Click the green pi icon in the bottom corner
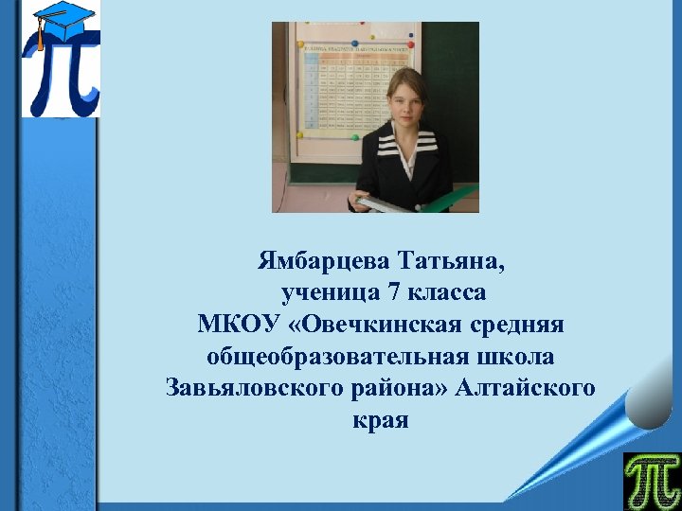click(x=651, y=480)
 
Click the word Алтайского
click(x=526, y=389)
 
